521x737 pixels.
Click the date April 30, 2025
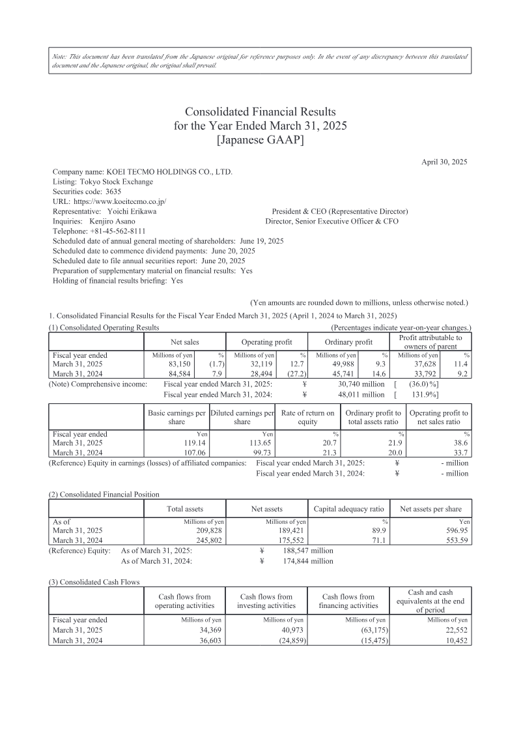tap(444, 161)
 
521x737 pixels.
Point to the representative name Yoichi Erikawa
tap(131, 212)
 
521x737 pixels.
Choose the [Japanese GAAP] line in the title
tap(260, 139)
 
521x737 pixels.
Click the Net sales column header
tap(185, 342)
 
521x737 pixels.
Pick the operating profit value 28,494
tap(275, 374)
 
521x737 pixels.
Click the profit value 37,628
tap(440, 364)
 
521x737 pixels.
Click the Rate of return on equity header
tap(307, 417)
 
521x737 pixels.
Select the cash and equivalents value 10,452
tap(455, 640)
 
